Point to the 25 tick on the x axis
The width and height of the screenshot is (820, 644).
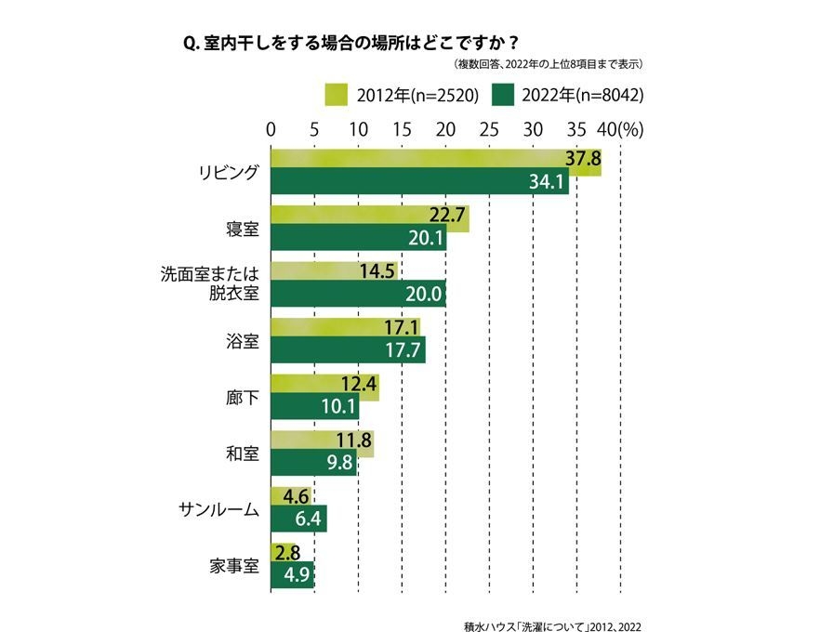click(x=489, y=128)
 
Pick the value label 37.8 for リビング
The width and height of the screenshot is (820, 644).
click(x=583, y=158)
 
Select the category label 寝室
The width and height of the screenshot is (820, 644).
click(x=241, y=227)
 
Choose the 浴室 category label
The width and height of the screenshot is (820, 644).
click(x=241, y=341)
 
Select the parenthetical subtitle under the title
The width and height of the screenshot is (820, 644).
click(x=549, y=65)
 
